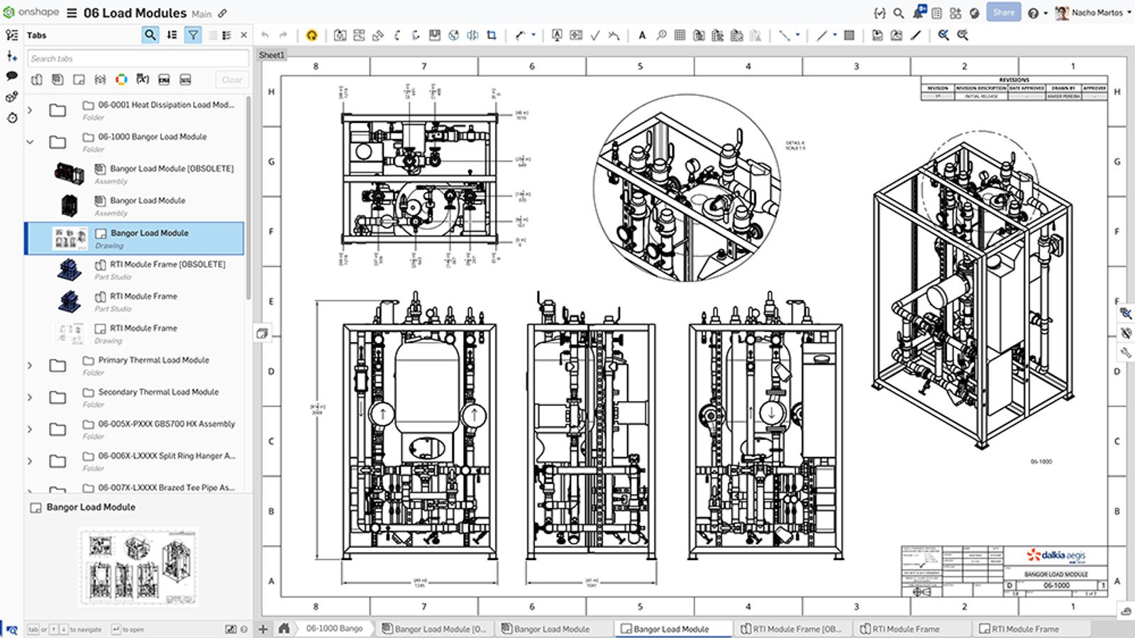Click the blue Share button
tap(1003, 12)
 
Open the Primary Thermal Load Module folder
tap(153, 360)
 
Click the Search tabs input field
tap(138, 58)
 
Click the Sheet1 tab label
tap(272, 55)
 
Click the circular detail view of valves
tap(686, 188)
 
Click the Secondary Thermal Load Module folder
tap(158, 392)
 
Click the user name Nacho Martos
tap(1097, 12)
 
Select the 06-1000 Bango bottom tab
tap(333, 628)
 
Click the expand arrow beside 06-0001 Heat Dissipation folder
tap(30, 110)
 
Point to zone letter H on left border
tap(271, 92)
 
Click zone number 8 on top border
tap(316, 66)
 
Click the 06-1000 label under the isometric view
tap(1041, 461)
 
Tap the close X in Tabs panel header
tap(243, 35)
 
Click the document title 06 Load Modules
tap(135, 13)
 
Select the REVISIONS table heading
tap(1014, 80)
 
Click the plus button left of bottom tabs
tap(263, 628)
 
